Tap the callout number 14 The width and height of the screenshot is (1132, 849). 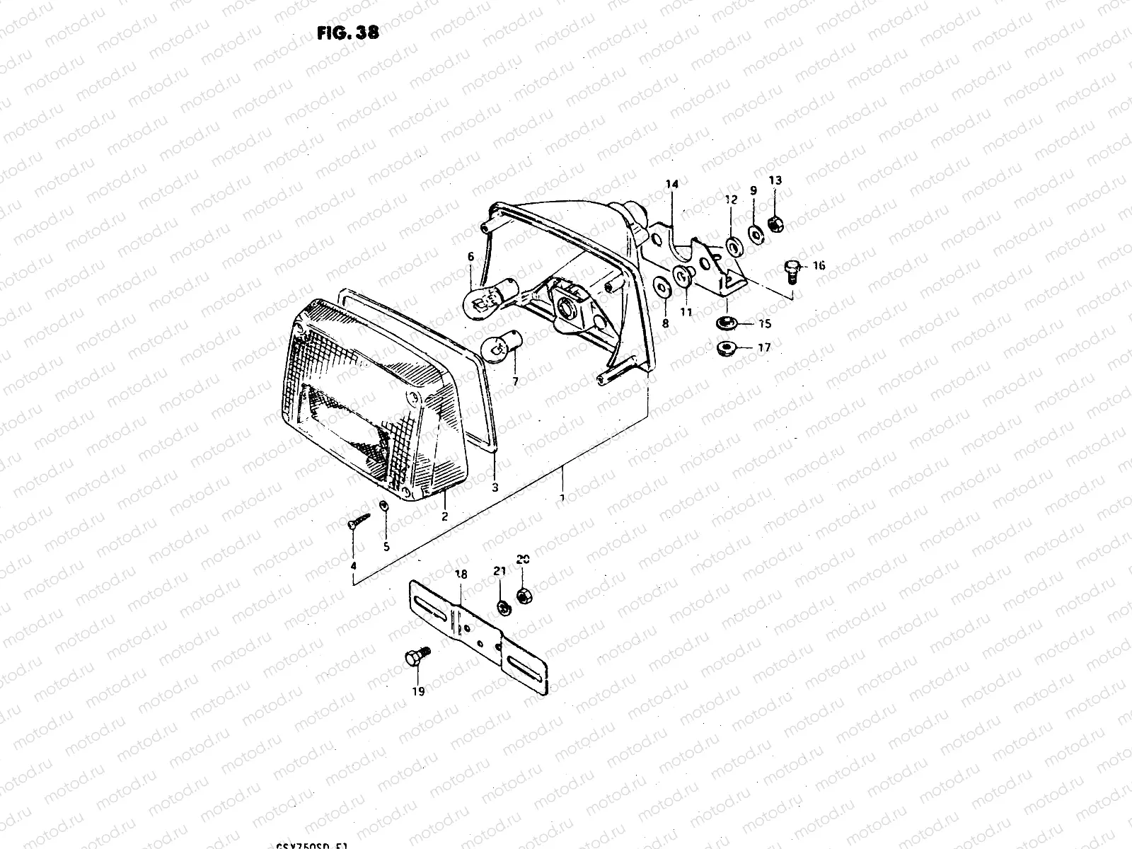[671, 184]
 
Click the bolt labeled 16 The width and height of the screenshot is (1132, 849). [792, 271]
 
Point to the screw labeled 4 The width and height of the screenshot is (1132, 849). [360, 522]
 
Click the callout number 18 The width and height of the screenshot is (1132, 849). [461, 575]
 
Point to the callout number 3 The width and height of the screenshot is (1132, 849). [495, 487]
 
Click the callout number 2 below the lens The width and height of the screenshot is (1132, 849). [444, 516]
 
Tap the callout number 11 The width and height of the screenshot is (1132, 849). [686, 311]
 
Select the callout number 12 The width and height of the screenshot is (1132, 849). [732, 200]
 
